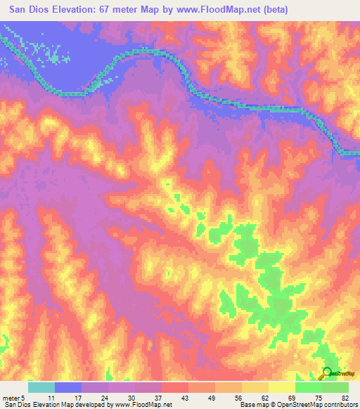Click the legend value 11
coord(51,397)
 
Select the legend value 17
coord(78,397)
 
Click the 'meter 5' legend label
coord(15,397)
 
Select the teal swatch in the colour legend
coord(41,387)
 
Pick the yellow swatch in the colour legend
coord(281,387)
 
